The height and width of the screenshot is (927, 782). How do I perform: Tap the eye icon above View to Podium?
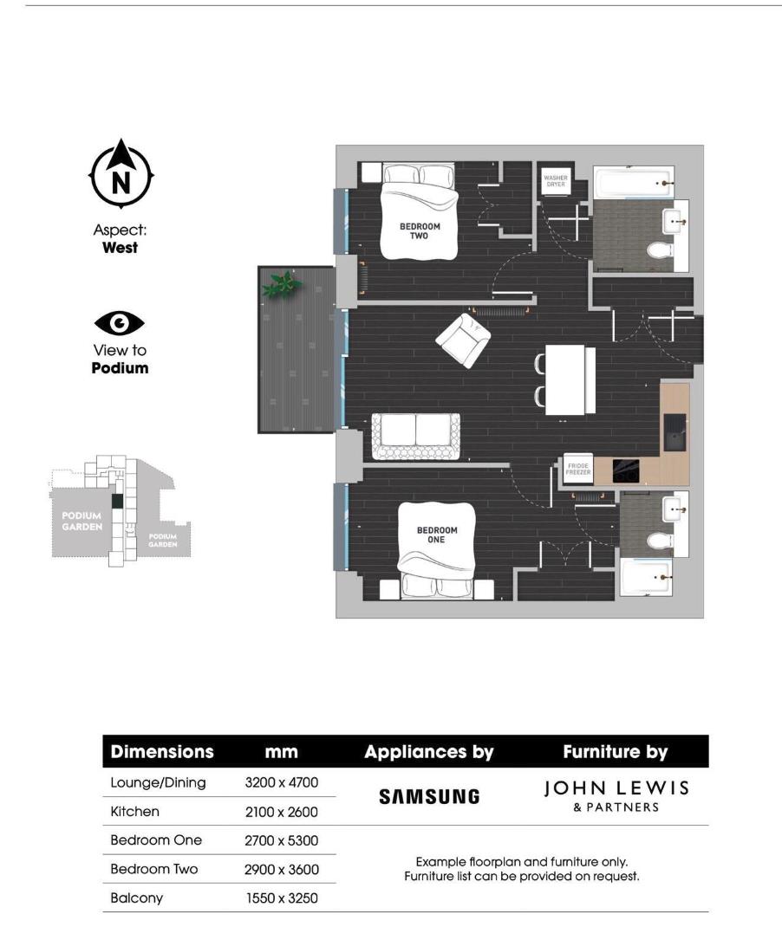120,324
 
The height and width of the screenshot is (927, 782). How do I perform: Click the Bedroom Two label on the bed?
420,231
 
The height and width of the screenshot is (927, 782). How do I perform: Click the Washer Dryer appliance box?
555,181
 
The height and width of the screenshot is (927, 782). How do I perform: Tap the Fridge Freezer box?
577,469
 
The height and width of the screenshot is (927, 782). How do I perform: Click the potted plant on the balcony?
282,283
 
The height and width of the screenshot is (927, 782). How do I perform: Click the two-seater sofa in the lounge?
415,436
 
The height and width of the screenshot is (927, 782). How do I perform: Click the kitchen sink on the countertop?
674,431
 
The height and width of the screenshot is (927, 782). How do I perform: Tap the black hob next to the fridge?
625,470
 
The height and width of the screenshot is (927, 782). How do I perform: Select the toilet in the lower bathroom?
661,542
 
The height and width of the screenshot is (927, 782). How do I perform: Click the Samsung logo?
429,796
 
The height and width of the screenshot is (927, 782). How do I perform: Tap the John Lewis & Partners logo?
616,795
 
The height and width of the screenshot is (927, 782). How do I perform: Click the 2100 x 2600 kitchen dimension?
282,812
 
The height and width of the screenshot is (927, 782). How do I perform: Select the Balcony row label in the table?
137,898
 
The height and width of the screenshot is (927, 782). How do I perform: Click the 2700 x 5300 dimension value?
282,840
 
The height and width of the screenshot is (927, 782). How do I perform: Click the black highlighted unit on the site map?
116,501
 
